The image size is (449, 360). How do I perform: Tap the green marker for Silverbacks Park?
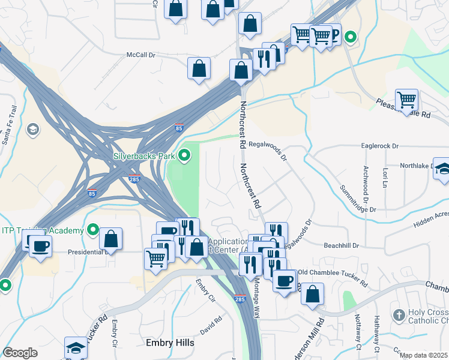pyautogui.click(x=185, y=156)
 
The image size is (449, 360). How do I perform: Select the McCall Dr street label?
pyautogui.click(x=140, y=55)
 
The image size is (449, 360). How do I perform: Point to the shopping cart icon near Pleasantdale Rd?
pyautogui.click(x=406, y=98)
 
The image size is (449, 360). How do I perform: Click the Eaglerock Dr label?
pyautogui.click(x=380, y=146)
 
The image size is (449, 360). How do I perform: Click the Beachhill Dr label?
pyautogui.click(x=341, y=246)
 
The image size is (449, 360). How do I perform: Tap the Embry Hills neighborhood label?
pyautogui.click(x=170, y=343)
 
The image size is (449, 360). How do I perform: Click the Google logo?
pyautogui.click(x=20, y=352)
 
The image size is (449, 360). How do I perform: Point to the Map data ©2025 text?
pyautogui.click(x=423, y=355)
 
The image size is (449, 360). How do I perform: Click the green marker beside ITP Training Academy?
pyautogui.click(x=92, y=230)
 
